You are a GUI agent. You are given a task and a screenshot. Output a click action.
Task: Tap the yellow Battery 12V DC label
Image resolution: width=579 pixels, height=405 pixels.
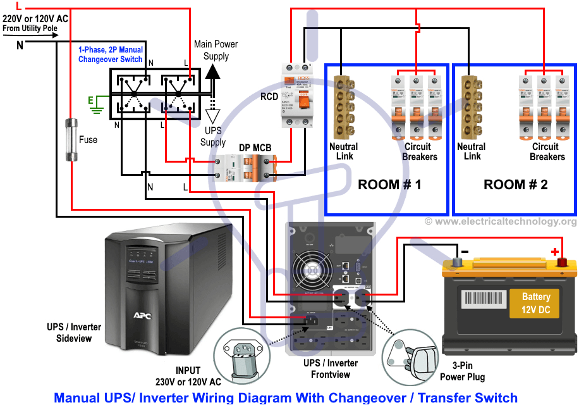tap(535, 302)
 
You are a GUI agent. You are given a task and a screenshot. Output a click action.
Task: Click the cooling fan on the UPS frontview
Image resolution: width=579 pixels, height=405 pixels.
tap(308, 271)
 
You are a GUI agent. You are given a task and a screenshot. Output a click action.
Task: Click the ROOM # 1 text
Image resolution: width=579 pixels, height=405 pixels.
tap(389, 185)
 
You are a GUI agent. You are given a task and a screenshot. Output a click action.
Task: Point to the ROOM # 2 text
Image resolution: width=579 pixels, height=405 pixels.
tap(516, 185)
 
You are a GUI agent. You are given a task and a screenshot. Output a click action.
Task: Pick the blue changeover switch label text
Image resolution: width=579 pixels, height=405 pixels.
tap(110, 54)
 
